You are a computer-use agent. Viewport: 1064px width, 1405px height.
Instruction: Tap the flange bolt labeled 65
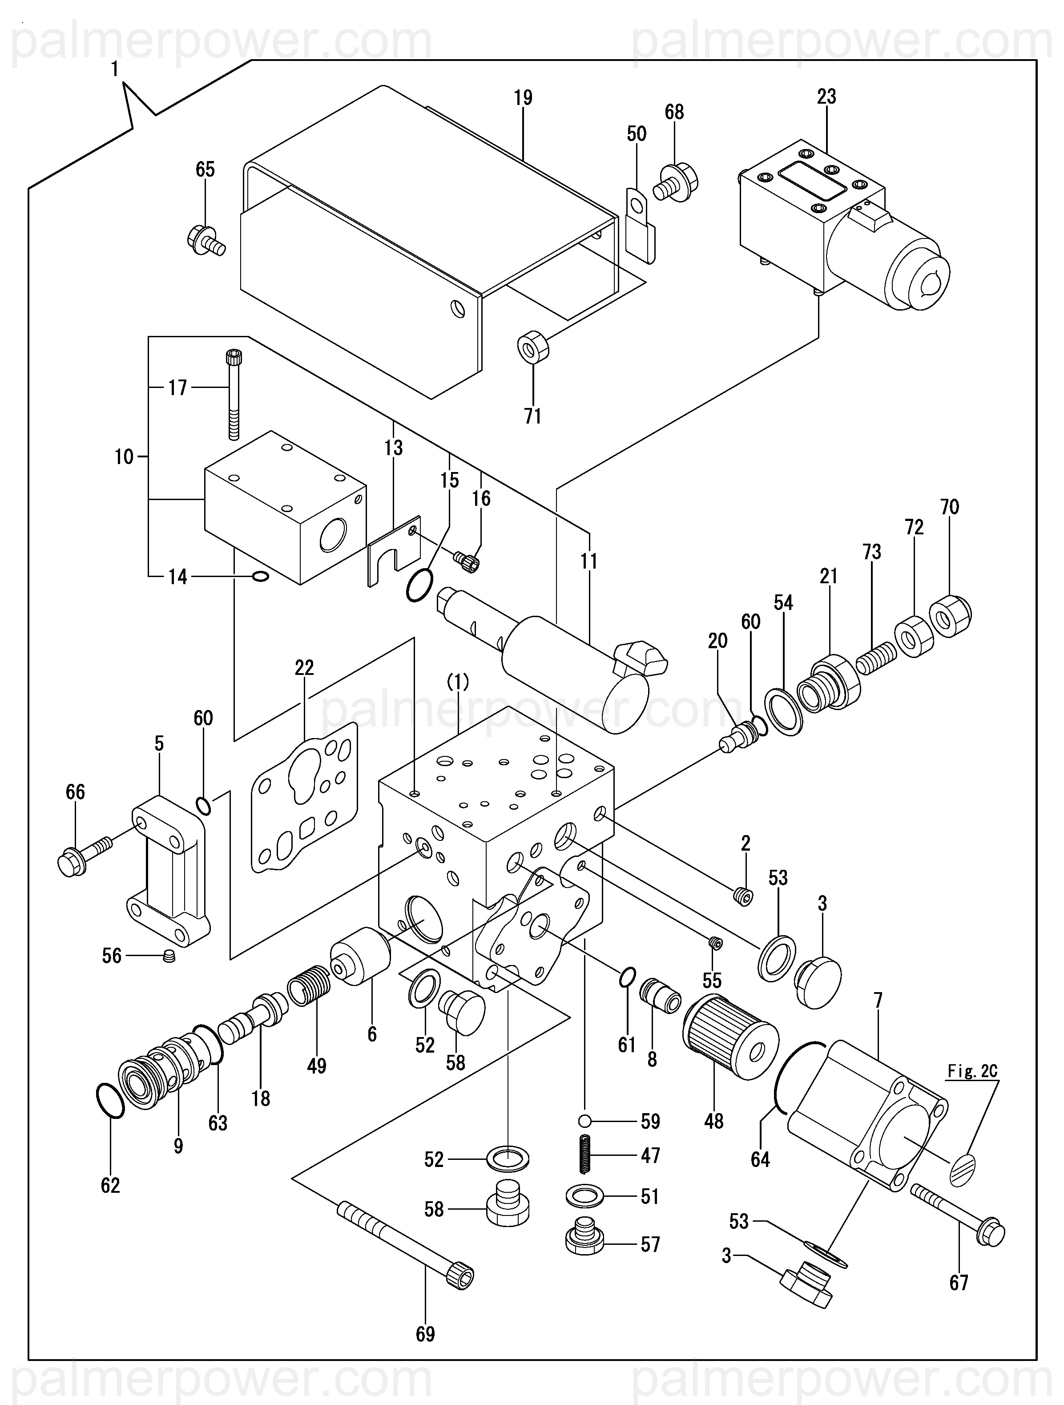pyautogui.click(x=206, y=241)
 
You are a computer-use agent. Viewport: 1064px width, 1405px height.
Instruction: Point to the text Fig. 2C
pyautogui.click(x=972, y=1071)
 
